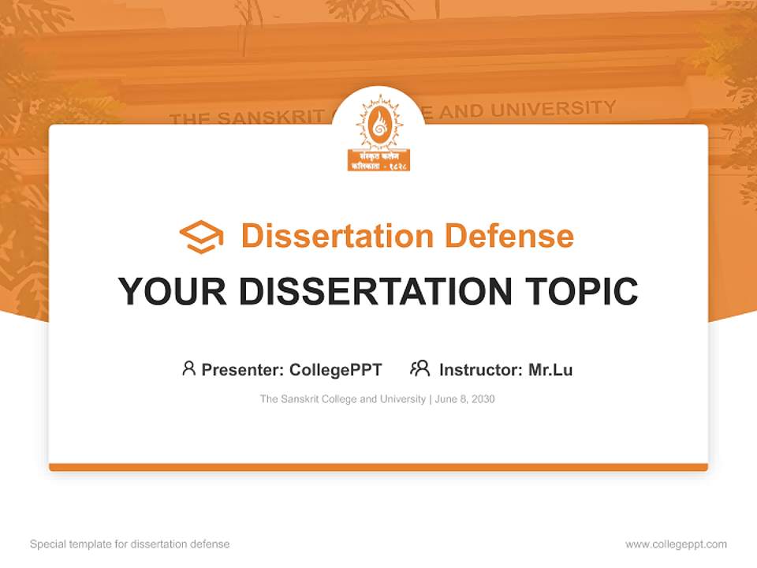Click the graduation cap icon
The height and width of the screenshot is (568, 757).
(201, 236)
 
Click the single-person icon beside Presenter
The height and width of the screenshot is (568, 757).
(188, 368)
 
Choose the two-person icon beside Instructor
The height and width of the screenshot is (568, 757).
(420, 368)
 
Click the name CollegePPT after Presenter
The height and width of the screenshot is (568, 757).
(336, 369)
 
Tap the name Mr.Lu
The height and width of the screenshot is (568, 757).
(550, 369)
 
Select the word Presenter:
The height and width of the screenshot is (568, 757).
(243, 369)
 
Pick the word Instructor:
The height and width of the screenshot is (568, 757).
(481, 369)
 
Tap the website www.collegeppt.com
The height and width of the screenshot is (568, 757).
(676, 544)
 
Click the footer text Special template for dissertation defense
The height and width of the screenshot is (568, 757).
(130, 544)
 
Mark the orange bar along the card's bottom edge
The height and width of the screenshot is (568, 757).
(378, 467)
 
